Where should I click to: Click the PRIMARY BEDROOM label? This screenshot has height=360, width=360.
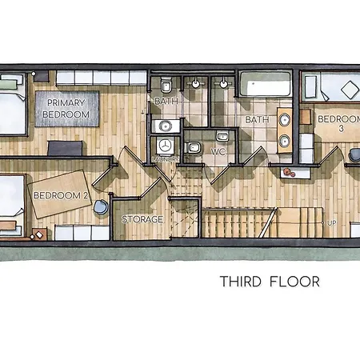tap(66, 108)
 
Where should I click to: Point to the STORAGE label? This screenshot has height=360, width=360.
tap(142, 219)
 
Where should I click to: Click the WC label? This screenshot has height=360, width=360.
tap(218, 151)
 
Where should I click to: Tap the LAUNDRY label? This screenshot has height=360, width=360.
tap(166, 159)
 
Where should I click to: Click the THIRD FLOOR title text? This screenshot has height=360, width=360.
tap(270, 282)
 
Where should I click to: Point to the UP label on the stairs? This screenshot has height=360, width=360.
tap(330, 223)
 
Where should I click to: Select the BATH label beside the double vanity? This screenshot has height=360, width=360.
tap(257, 120)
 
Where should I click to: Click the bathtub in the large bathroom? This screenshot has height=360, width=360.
tap(266, 84)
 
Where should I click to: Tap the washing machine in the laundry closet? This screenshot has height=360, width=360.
tap(166, 145)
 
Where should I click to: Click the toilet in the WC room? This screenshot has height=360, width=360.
tap(195, 146)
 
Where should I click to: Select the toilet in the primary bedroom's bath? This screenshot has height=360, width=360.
tap(164, 85)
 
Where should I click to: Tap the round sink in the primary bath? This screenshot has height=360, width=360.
tap(166, 124)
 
